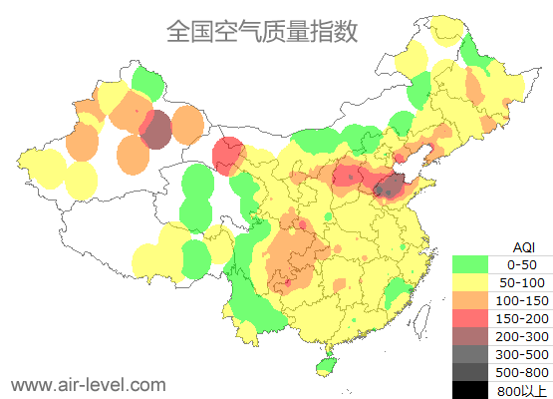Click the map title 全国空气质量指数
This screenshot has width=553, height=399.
pyautogui.click(x=262, y=32)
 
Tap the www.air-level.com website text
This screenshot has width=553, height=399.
pyautogui.click(x=88, y=383)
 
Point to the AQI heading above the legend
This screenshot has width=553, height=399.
pyautogui.click(x=523, y=246)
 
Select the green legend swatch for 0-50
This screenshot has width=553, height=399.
pyautogui.click(x=470, y=264)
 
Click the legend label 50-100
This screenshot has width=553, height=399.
pyautogui.click(x=522, y=282)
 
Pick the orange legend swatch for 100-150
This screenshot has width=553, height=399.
pyautogui.click(x=470, y=300)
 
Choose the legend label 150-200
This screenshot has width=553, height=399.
pyautogui.click(x=522, y=318)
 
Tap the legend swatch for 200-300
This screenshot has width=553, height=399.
pyautogui.click(x=470, y=336)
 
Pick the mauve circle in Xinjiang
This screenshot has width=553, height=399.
pyautogui.click(x=154, y=130)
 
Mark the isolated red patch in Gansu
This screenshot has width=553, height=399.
pyautogui.click(x=229, y=153)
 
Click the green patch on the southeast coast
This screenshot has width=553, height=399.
pyautogui.click(x=398, y=292)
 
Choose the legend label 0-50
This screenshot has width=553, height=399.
pyautogui.click(x=522, y=264)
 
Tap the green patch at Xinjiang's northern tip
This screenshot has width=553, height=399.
pyautogui.click(x=147, y=81)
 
